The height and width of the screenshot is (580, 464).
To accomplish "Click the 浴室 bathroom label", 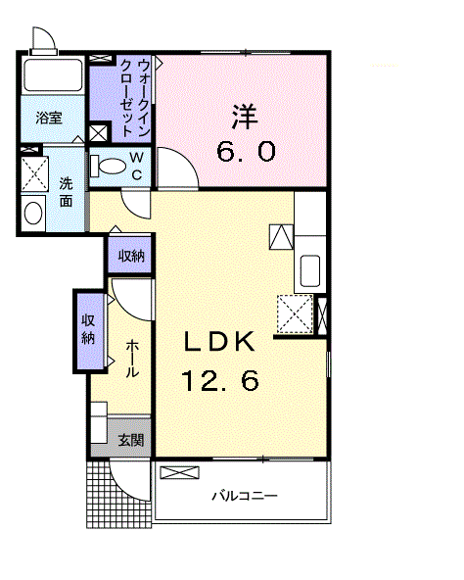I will point(49,118).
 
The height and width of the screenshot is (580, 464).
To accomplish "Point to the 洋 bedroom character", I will point(245,116).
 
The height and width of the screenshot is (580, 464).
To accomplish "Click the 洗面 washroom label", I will point(65,191).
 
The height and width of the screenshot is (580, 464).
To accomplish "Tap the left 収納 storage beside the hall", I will point(88,330).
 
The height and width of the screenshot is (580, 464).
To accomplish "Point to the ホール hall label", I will point(130,359).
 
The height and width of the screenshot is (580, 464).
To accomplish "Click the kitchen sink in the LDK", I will point(310,268).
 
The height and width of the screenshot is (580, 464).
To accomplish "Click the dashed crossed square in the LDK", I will point(295,314).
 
